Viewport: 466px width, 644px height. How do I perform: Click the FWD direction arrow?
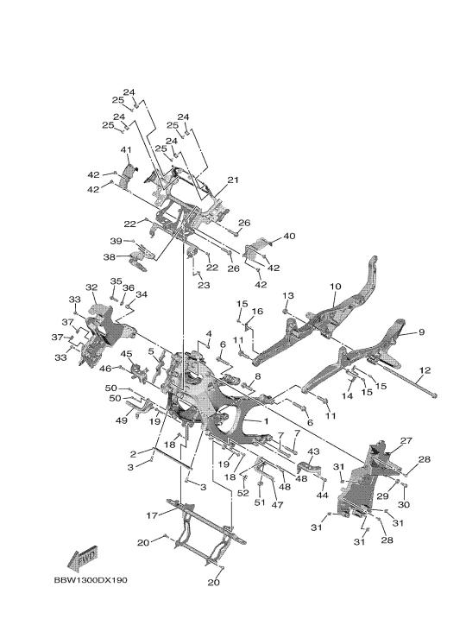tap(83, 559)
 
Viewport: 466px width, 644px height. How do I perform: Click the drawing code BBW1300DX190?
tap(91, 580)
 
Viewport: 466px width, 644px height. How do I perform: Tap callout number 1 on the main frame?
tap(266, 421)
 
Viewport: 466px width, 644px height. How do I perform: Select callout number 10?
tap(336, 287)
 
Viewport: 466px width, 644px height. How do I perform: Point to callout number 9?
tap(421, 331)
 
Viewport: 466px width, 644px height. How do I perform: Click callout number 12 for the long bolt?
tap(425, 370)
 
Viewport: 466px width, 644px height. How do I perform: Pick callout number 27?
tap(406, 440)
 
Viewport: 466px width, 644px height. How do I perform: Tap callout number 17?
tap(152, 515)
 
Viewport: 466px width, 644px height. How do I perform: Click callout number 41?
tap(126, 150)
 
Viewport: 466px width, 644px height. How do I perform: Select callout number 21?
tap(233, 180)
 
